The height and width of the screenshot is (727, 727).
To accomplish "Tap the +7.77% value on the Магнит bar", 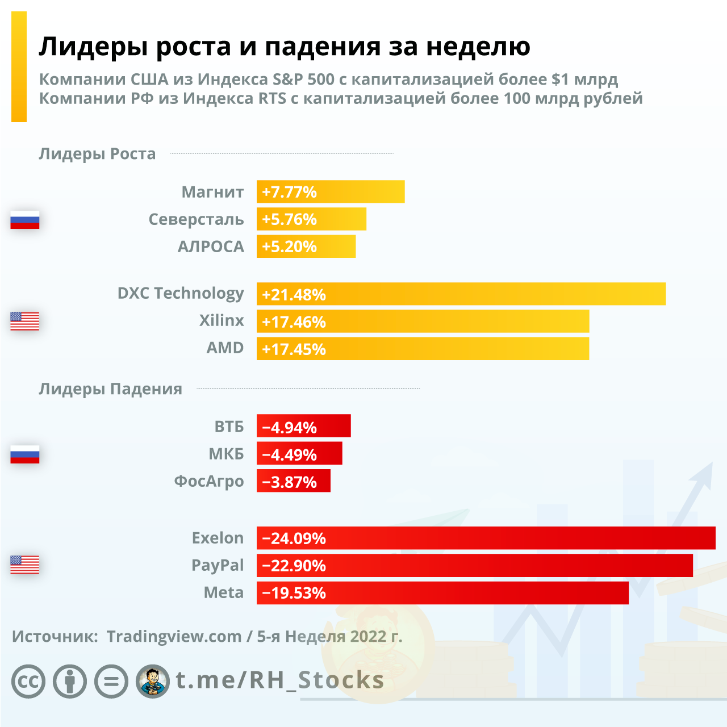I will click(x=289, y=192).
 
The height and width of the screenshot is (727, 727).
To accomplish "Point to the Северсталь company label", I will click(x=196, y=219).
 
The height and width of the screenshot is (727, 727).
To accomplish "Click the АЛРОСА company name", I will click(x=211, y=246).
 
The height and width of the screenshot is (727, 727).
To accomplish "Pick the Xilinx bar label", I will click(x=222, y=320).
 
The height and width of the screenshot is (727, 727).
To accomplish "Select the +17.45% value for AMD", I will click(x=294, y=349).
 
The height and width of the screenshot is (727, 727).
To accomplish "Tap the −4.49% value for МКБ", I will click(x=289, y=454).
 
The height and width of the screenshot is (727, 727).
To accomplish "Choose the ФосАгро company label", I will click(x=208, y=481).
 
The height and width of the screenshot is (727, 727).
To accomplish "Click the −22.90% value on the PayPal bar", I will click(x=294, y=566).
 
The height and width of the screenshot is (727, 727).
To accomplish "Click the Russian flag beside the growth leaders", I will click(x=25, y=220).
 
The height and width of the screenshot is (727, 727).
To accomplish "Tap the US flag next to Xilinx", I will click(x=25, y=321).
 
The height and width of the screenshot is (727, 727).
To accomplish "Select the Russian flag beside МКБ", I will click(x=25, y=454).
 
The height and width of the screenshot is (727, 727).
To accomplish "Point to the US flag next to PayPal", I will click(x=25, y=565).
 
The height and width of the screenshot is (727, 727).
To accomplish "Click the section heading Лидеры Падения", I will click(x=110, y=389).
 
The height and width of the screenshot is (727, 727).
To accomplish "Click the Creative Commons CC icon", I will click(x=28, y=681).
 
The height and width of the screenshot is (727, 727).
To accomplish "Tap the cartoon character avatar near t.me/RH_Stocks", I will click(x=153, y=681).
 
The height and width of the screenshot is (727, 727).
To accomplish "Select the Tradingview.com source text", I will click(x=174, y=636).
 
